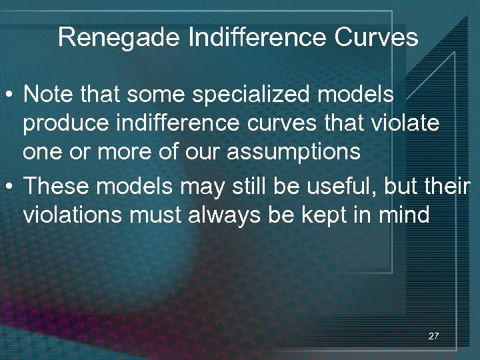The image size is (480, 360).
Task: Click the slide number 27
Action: (x=433, y=336)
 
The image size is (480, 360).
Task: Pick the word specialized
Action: (x=255, y=95)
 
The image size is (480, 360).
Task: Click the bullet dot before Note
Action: (x=11, y=95)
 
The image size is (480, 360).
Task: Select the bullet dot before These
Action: (x=11, y=186)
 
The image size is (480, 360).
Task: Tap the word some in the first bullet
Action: (x=144, y=95)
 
